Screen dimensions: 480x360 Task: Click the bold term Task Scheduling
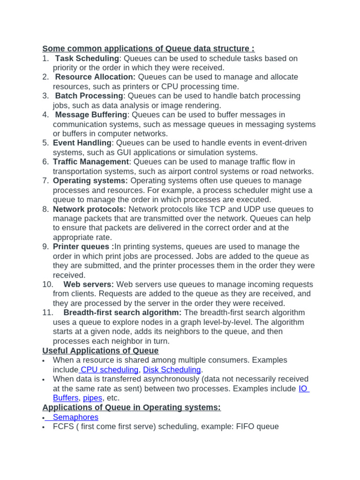(x=87, y=59)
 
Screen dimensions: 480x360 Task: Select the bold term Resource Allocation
(x=95, y=77)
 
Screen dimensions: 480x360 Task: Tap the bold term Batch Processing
(x=89, y=96)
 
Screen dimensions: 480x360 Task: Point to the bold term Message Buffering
(x=91, y=115)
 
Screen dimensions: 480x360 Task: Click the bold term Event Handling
(x=82, y=143)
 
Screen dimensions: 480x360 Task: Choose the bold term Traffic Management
(x=91, y=162)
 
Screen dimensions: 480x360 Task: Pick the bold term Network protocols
(x=90, y=209)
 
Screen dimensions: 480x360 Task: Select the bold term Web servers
(x=89, y=285)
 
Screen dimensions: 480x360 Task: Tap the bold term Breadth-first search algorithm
(x=122, y=313)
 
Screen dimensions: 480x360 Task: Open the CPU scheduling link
(x=109, y=370)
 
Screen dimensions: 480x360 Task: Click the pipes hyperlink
(x=93, y=398)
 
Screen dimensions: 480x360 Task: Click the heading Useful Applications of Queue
(x=100, y=351)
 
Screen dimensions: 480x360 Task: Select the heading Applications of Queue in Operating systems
(x=131, y=407)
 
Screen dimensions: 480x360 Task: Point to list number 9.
(x=45, y=247)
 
